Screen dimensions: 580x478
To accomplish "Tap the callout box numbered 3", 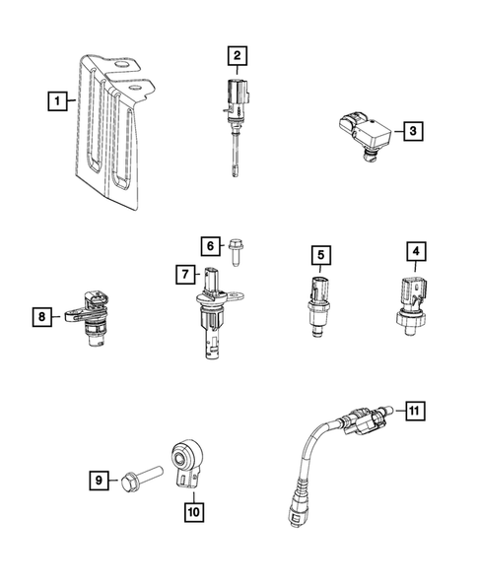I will coord(413,129).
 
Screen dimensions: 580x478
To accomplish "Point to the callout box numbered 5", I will coord(320,256).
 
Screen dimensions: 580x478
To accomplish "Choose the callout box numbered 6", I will coord(209,245).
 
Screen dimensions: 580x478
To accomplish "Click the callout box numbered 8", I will coord(40,316).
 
